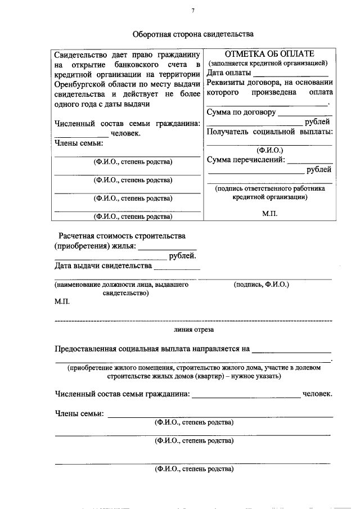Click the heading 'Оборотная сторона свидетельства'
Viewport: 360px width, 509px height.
point(193,34)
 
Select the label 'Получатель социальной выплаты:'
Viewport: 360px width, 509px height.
point(269,132)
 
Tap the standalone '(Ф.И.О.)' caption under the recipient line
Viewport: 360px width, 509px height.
point(269,150)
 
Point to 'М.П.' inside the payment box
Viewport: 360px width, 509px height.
point(269,214)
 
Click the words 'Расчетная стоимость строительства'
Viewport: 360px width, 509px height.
point(122,236)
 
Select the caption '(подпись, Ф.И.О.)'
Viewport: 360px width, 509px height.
point(261,285)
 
